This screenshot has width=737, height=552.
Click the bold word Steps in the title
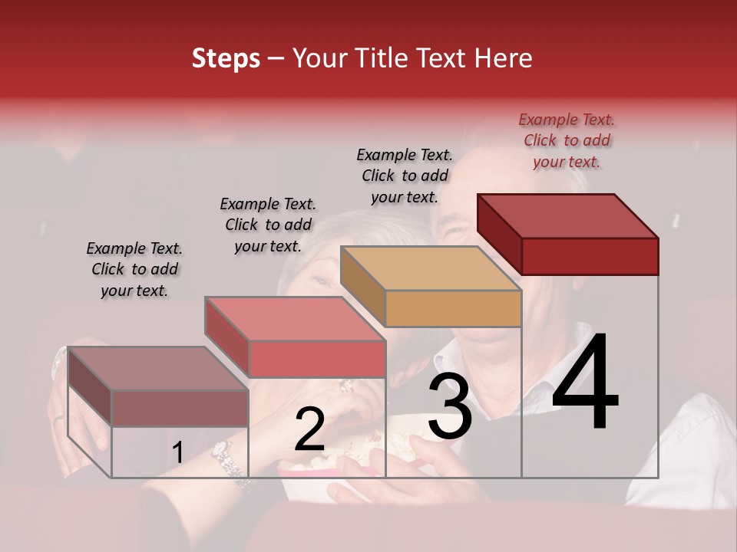click(226, 58)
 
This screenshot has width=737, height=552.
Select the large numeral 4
click(585, 383)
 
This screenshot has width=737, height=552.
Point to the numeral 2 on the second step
click(309, 430)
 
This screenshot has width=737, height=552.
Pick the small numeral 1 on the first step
click(177, 453)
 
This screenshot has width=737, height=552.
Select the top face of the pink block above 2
click(295, 319)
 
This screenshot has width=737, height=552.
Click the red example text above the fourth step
click(567, 140)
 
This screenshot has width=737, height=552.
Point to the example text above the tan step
click(405, 176)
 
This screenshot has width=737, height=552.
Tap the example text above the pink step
click(268, 225)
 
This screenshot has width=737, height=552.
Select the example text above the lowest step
click(134, 269)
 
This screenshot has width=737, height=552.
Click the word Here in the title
click(504, 58)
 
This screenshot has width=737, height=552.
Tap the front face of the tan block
click(453, 309)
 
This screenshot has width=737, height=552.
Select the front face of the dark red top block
click(590, 256)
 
